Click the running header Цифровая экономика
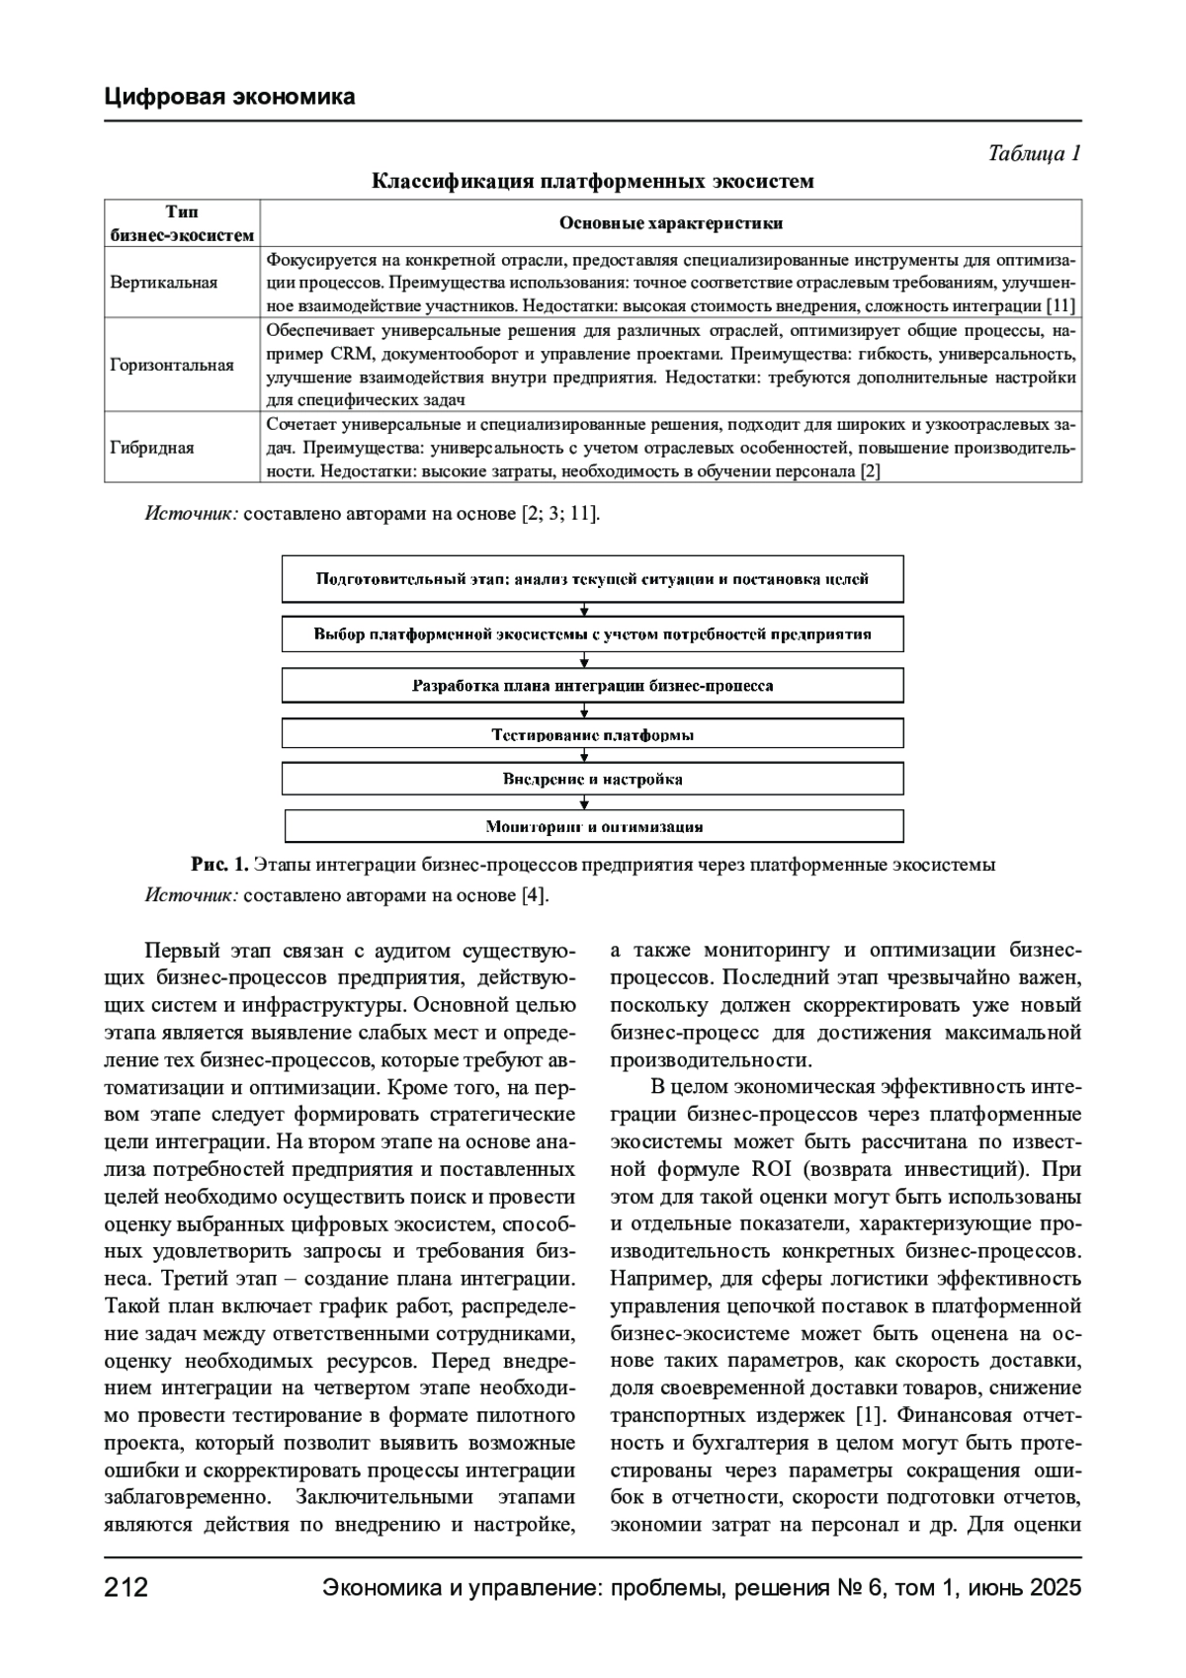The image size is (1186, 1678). [229, 97]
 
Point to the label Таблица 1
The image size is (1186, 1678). [1034, 153]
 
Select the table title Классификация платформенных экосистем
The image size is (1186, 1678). [592, 181]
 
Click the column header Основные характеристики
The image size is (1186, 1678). [671, 223]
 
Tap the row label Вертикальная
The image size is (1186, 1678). [164, 283]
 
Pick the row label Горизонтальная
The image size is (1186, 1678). [172, 365]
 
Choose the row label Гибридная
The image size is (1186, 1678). [152, 448]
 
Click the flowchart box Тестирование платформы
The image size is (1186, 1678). [592, 734]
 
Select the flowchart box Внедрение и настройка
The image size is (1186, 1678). [592, 779]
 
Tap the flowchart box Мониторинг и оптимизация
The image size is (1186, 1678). [594, 826]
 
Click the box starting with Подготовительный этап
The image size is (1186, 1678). [592, 579]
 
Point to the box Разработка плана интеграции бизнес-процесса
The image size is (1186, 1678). [592, 685]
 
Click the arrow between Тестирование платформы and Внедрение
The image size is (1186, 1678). [585, 756]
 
